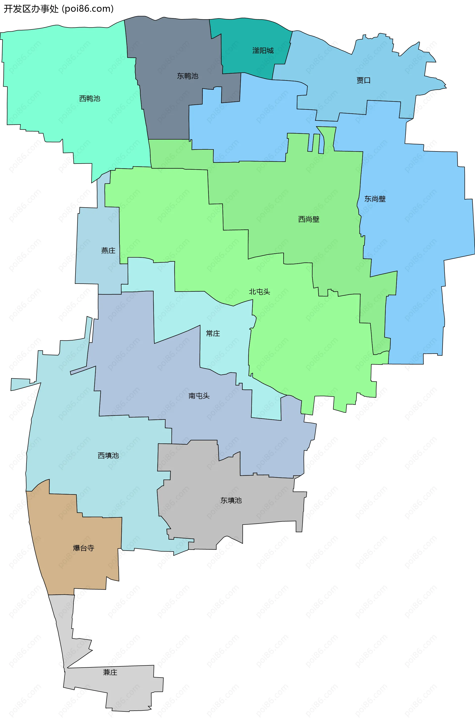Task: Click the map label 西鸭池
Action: point(90,98)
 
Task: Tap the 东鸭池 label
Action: point(188,76)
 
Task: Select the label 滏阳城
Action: point(263,50)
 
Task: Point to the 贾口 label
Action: point(363,80)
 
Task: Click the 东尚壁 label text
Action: point(375,199)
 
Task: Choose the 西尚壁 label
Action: point(309,219)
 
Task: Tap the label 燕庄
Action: point(108,250)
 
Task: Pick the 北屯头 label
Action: point(259,291)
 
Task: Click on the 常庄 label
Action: point(213,333)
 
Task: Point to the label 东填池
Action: point(231,500)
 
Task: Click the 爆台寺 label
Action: point(84,548)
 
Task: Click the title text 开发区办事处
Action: point(31,9)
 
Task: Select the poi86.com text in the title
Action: point(88,9)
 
